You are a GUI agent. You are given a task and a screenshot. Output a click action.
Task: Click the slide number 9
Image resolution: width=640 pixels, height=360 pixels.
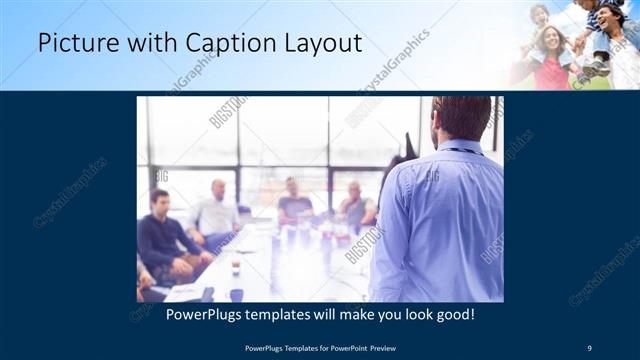point(589,348)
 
